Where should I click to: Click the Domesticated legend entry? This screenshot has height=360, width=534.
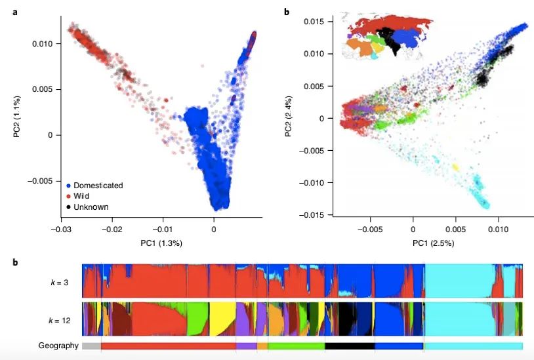(98, 186)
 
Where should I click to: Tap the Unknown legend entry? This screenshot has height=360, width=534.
(91, 207)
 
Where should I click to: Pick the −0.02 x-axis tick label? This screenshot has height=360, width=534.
(112, 230)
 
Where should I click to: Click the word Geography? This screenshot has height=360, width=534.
(58, 346)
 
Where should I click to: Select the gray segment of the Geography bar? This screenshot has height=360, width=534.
(91, 346)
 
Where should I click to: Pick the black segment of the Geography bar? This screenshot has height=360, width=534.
(350, 346)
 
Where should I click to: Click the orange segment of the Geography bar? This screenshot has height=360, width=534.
(262, 346)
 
